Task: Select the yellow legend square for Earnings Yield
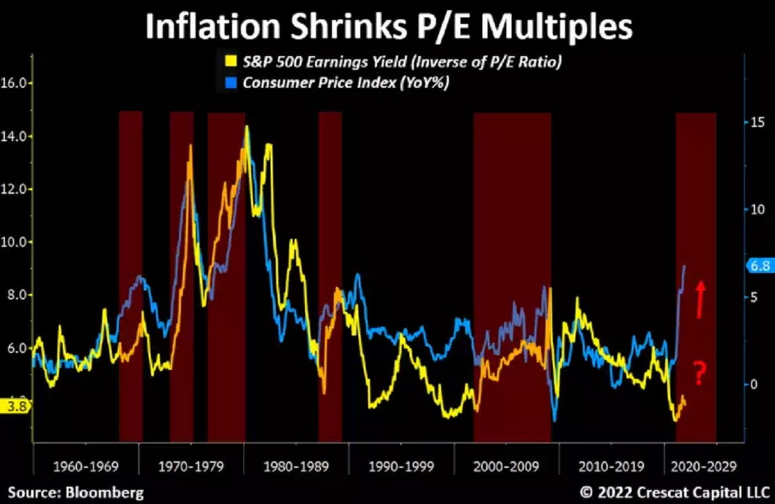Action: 227,62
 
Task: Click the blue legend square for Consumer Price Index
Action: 227,83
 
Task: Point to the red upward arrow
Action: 699,299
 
